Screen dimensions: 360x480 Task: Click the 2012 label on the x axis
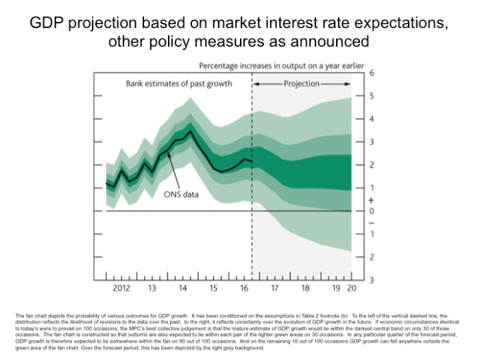click(x=121, y=288)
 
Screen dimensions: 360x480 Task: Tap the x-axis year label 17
click(x=274, y=288)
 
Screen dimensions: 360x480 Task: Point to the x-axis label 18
click(x=305, y=288)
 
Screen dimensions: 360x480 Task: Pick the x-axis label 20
click(x=351, y=288)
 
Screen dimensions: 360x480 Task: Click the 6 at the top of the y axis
click(x=371, y=72)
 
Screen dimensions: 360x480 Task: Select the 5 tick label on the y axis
click(x=371, y=95)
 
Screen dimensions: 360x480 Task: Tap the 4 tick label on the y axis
click(x=371, y=119)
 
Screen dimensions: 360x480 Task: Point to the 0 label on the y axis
click(x=371, y=211)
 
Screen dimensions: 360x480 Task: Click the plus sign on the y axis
click(x=371, y=200)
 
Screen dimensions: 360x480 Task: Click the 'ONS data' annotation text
click(x=181, y=195)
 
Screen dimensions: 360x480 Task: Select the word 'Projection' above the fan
click(x=302, y=84)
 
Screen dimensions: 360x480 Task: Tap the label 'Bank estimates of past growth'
click(x=178, y=84)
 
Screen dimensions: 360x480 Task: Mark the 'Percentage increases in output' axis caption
click(x=281, y=66)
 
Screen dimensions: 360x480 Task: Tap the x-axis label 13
click(x=152, y=288)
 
